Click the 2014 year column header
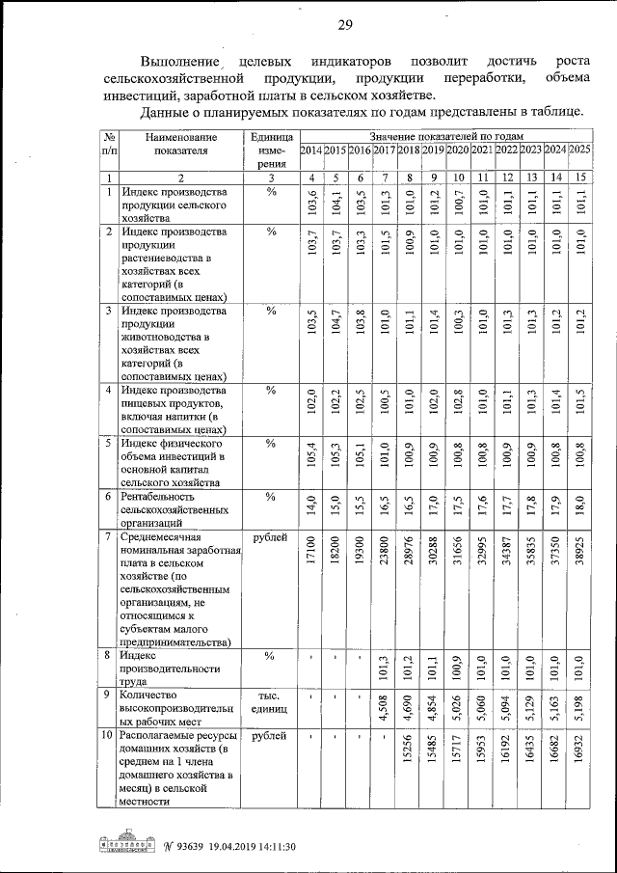(x=311, y=150)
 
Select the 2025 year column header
(x=579, y=150)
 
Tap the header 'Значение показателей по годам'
(x=444, y=136)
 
